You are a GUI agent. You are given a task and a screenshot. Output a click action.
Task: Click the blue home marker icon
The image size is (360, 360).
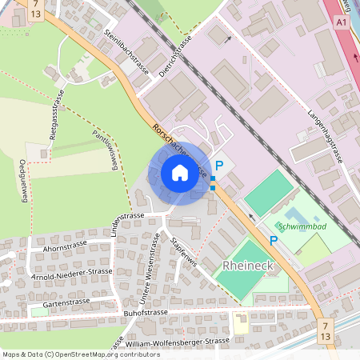coord(180,173)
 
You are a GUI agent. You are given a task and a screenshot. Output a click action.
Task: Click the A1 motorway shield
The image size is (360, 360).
coord(342,24)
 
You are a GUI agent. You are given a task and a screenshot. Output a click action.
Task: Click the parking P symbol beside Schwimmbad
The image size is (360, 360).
coord(273,241)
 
